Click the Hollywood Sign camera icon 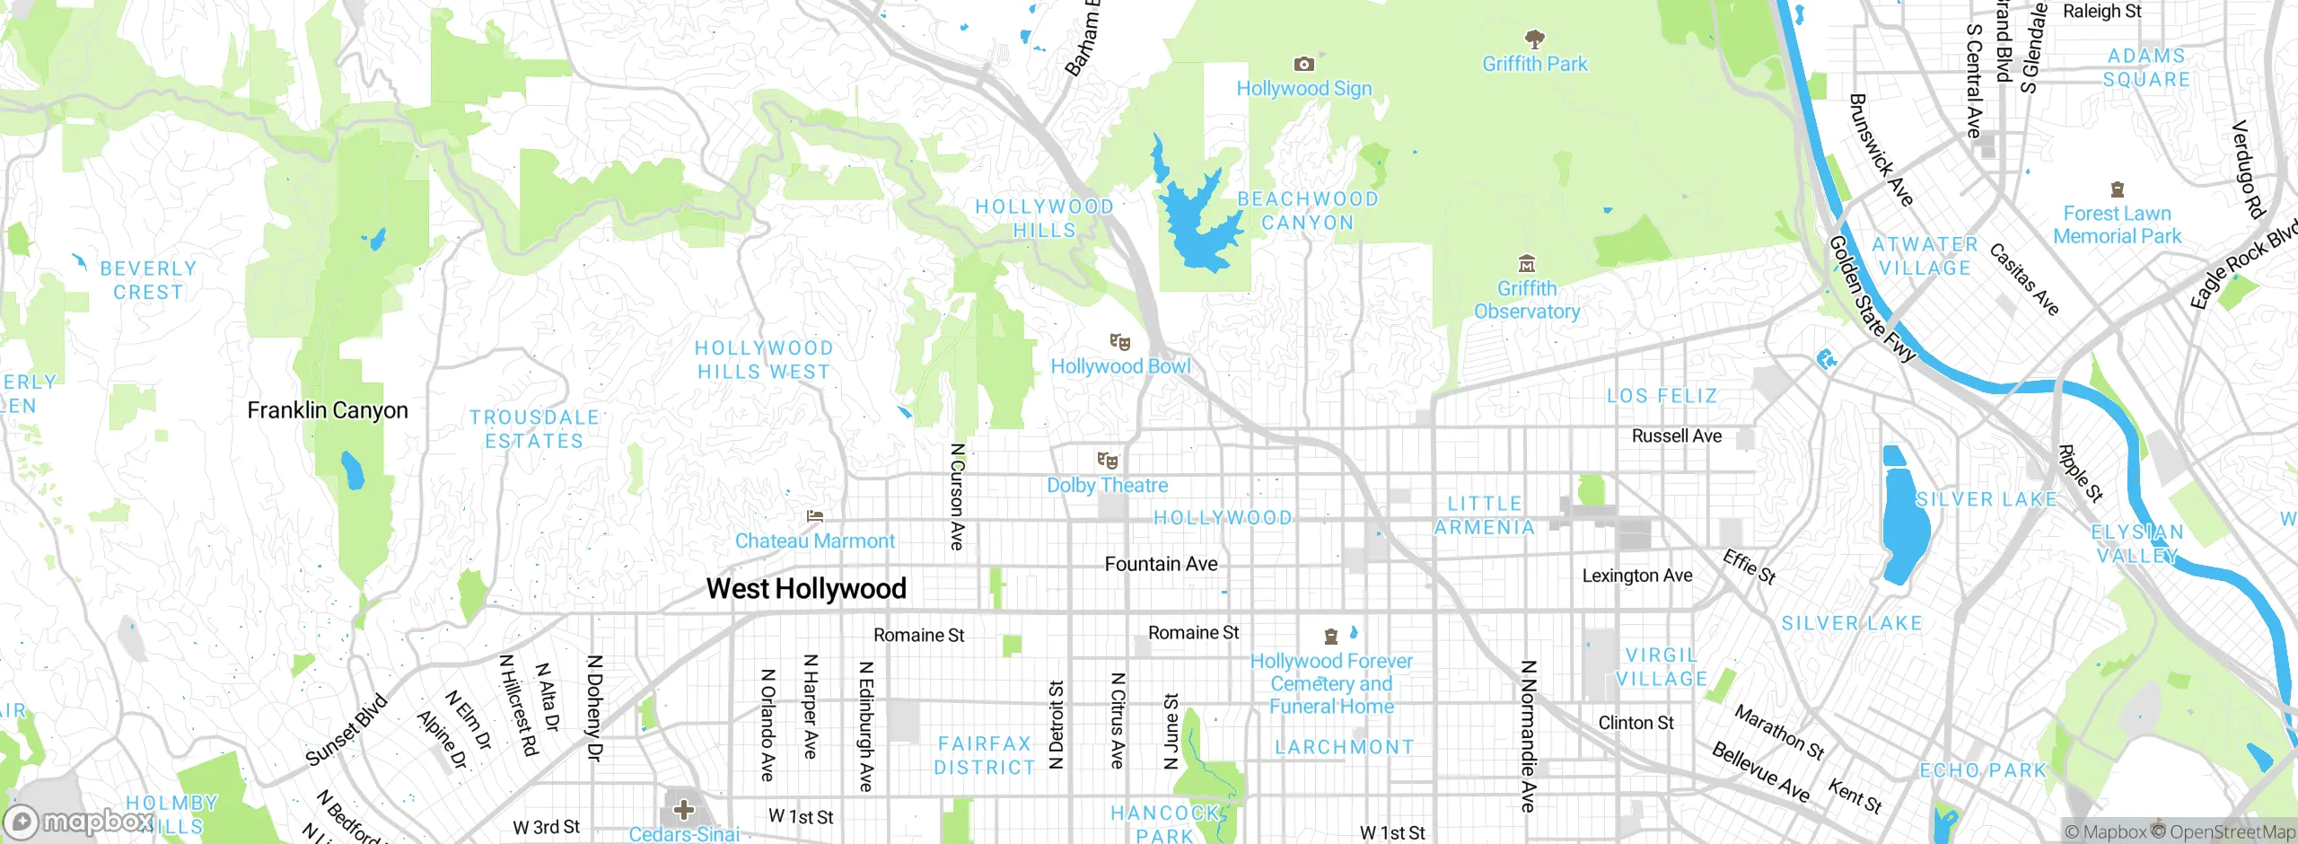tap(1303, 65)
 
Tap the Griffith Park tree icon tap(1534, 39)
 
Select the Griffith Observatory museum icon tap(1526, 264)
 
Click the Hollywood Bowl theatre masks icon tap(1119, 342)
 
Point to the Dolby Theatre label tap(1108, 486)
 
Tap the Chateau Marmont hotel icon tap(815, 516)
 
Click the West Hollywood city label tap(806, 589)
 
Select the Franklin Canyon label tap(328, 410)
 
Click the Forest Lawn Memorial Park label tap(2117, 225)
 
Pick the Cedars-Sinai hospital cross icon tap(684, 810)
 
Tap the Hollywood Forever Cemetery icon tap(1331, 637)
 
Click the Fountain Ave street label tap(1161, 565)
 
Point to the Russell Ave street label tap(1676, 436)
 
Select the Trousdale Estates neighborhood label tap(535, 429)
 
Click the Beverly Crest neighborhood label tap(148, 280)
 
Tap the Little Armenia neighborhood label tap(1485, 515)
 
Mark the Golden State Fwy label tap(1871, 300)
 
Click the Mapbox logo tap(79, 822)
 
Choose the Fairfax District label tap(985, 755)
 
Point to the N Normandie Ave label tap(1528, 736)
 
